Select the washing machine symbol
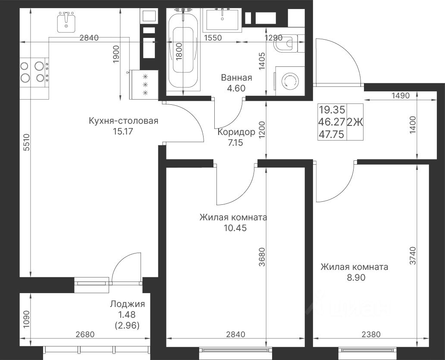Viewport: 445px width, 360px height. point(289,81)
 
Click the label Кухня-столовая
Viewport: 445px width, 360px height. point(123,121)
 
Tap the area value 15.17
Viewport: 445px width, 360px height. point(123,131)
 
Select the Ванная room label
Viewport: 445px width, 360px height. point(236,78)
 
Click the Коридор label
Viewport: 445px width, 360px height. point(236,132)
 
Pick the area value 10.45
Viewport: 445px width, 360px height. point(235,228)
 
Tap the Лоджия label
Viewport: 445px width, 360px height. point(128,304)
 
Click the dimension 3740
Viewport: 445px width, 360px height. point(413,256)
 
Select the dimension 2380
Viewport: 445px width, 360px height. point(371,335)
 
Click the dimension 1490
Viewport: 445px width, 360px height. point(401,96)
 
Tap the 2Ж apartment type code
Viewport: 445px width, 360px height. point(355,122)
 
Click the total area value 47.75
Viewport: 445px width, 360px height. point(332,134)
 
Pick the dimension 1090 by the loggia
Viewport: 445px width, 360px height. point(26,320)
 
